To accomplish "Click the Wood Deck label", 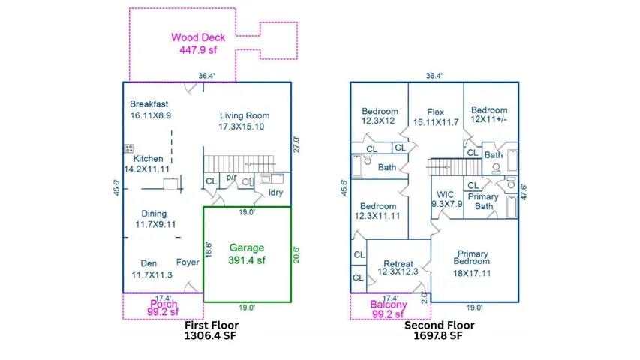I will [197, 44].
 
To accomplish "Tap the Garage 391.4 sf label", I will [247, 253].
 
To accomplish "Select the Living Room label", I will [244, 121].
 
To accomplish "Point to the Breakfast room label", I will [149, 109].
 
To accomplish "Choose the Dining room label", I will [155, 219].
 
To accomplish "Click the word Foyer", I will [188, 262].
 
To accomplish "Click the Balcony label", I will [389, 309].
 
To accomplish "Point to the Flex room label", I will [435, 117].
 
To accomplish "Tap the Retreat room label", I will [398, 268].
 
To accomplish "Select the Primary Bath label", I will [482, 202].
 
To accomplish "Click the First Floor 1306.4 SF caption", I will [212, 331].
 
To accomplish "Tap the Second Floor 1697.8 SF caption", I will [439, 331].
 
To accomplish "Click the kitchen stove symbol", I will [128, 148].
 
